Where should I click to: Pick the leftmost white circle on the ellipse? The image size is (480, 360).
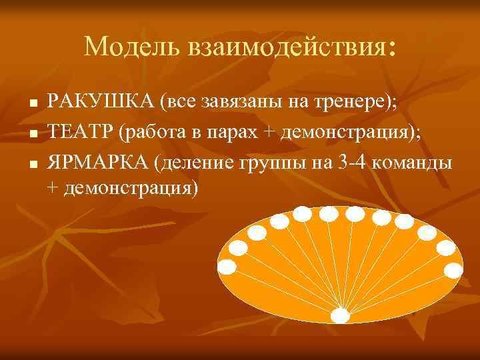[227, 267]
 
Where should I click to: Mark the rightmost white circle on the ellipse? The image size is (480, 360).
[454, 270]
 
